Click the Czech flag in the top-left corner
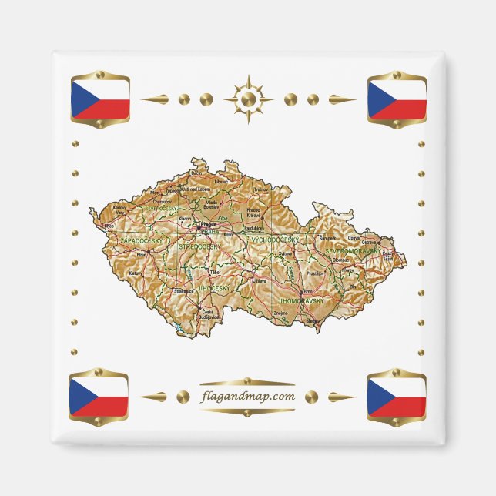(99, 99)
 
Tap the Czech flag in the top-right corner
(397, 99)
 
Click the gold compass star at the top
(248, 99)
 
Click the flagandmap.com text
(247, 397)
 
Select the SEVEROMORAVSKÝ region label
(352, 252)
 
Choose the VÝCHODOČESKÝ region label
(274, 240)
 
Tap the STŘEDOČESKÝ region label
(199, 246)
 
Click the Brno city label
(308, 292)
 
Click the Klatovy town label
(136, 273)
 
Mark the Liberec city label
(222, 182)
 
